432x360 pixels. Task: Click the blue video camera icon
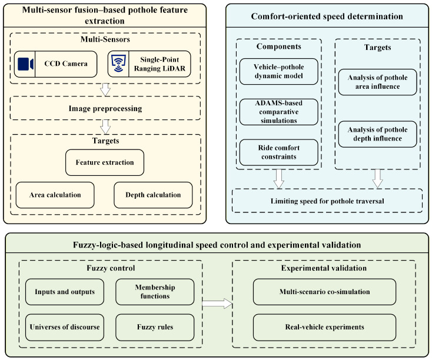[x=26, y=64]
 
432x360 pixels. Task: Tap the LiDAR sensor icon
[x=118, y=64]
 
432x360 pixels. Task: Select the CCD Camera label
[x=66, y=64]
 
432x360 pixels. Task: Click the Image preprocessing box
[x=105, y=108]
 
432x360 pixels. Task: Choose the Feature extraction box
[x=105, y=162]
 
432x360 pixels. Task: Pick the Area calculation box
[x=55, y=195]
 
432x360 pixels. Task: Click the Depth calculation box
[x=153, y=195]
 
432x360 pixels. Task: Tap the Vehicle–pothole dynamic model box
[x=279, y=71]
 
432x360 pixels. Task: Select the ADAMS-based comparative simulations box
[x=279, y=112]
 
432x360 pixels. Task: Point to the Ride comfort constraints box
[x=279, y=152]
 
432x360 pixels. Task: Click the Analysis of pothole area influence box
[x=377, y=82]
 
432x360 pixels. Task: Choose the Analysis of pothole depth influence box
[x=377, y=134]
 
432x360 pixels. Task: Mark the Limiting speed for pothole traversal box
[x=327, y=201]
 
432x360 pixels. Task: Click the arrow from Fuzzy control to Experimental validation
[x=217, y=304]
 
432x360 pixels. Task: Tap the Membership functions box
[x=155, y=292]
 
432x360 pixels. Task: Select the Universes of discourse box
[x=65, y=327]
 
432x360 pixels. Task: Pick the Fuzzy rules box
[x=155, y=327]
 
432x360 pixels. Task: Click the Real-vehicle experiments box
[x=324, y=327]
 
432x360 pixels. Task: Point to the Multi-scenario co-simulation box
[x=324, y=292]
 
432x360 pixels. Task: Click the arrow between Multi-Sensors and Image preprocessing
[x=105, y=89]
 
